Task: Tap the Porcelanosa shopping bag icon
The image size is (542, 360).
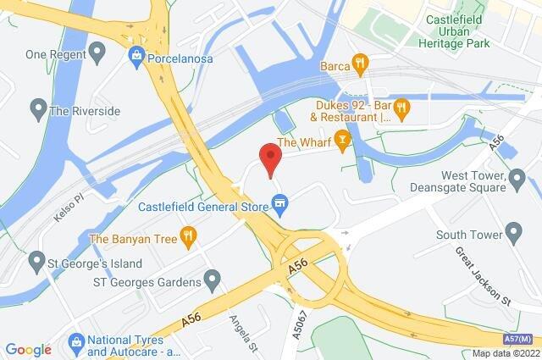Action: [x=135, y=55]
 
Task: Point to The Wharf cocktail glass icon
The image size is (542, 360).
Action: [x=342, y=139]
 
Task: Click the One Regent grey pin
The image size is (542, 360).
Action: [x=96, y=54]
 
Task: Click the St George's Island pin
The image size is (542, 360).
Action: [x=36, y=258]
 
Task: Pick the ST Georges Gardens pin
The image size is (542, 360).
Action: [x=213, y=280]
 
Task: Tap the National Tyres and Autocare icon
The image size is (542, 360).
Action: [x=74, y=343]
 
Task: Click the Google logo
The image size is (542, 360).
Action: [x=28, y=349]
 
